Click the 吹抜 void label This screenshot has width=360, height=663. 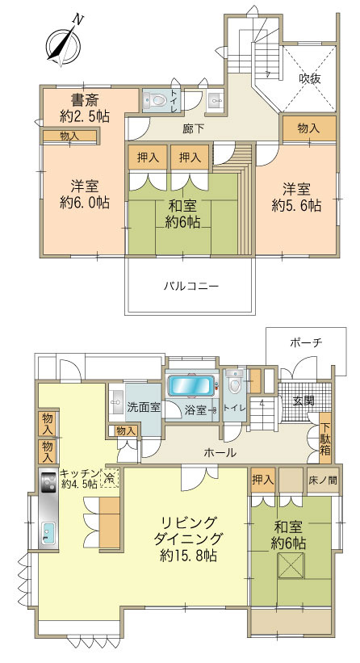(311, 79)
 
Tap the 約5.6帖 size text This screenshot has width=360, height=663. (301, 206)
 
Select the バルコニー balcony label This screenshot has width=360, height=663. (191, 286)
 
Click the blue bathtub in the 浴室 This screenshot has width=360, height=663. (191, 385)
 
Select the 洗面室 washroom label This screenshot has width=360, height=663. (144, 407)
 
